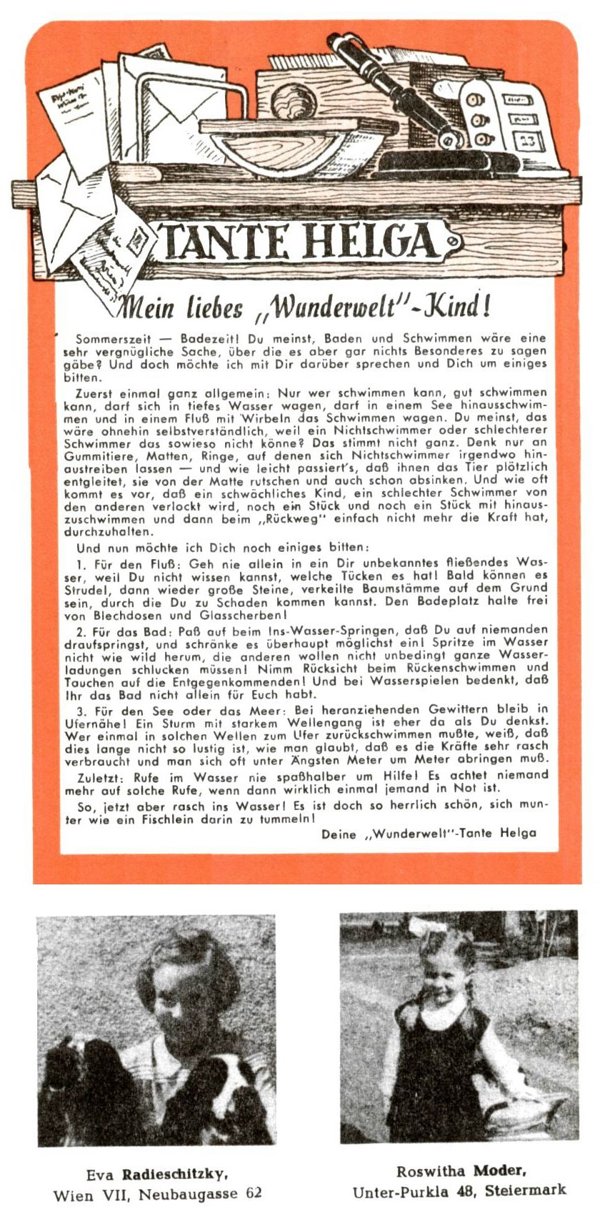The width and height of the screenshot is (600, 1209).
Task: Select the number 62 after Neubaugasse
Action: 253,1193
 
